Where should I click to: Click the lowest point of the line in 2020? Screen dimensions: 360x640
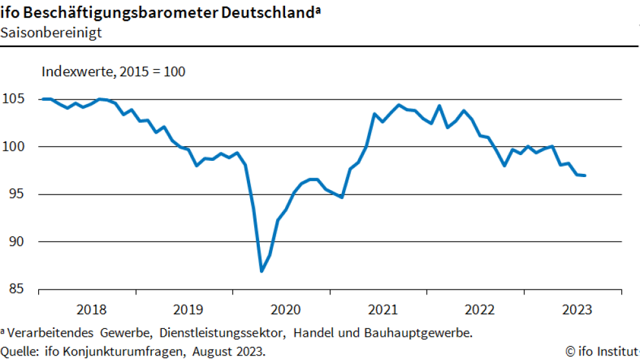(x=261, y=271)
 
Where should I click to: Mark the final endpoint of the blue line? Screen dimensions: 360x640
(x=585, y=175)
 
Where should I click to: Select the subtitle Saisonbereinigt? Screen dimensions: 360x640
(x=51, y=32)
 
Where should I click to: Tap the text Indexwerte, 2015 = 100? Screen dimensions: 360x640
(x=113, y=71)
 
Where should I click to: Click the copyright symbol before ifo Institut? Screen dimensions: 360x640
(x=570, y=351)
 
